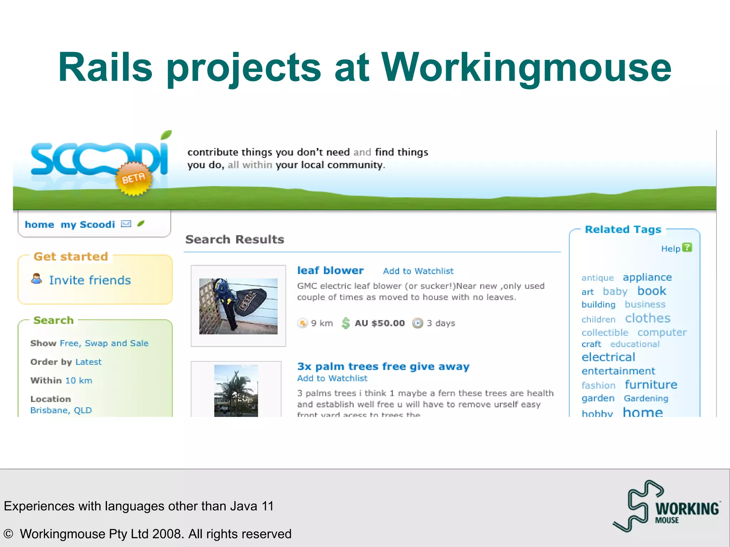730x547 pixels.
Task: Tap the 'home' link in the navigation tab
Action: tap(40, 225)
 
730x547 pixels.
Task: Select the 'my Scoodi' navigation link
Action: tap(88, 225)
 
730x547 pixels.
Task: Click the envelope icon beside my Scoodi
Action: tap(126, 224)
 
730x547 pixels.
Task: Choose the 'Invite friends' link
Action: tap(90, 280)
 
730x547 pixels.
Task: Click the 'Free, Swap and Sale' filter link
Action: tap(104, 343)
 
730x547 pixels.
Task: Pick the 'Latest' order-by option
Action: tap(88, 362)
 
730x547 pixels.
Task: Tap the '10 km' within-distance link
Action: tap(79, 380)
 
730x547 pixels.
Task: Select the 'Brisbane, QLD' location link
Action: tap(61, 410)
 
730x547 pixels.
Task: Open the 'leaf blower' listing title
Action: tap(330, 270)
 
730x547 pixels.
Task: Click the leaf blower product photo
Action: tap(238, 306)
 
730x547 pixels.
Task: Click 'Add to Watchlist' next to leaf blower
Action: tap(418, 271)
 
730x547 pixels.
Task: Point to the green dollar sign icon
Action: tap(345, 323)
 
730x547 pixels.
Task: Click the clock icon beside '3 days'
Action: tap(417, 323)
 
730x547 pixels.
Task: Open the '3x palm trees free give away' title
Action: tap(383, 366)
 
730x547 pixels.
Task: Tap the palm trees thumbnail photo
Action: tap(236, 391)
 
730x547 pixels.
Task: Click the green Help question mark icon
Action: tap(687, 248)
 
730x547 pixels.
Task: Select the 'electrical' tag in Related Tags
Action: tap(608, 357)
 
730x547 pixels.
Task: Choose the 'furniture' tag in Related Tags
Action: tap(651, 385)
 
